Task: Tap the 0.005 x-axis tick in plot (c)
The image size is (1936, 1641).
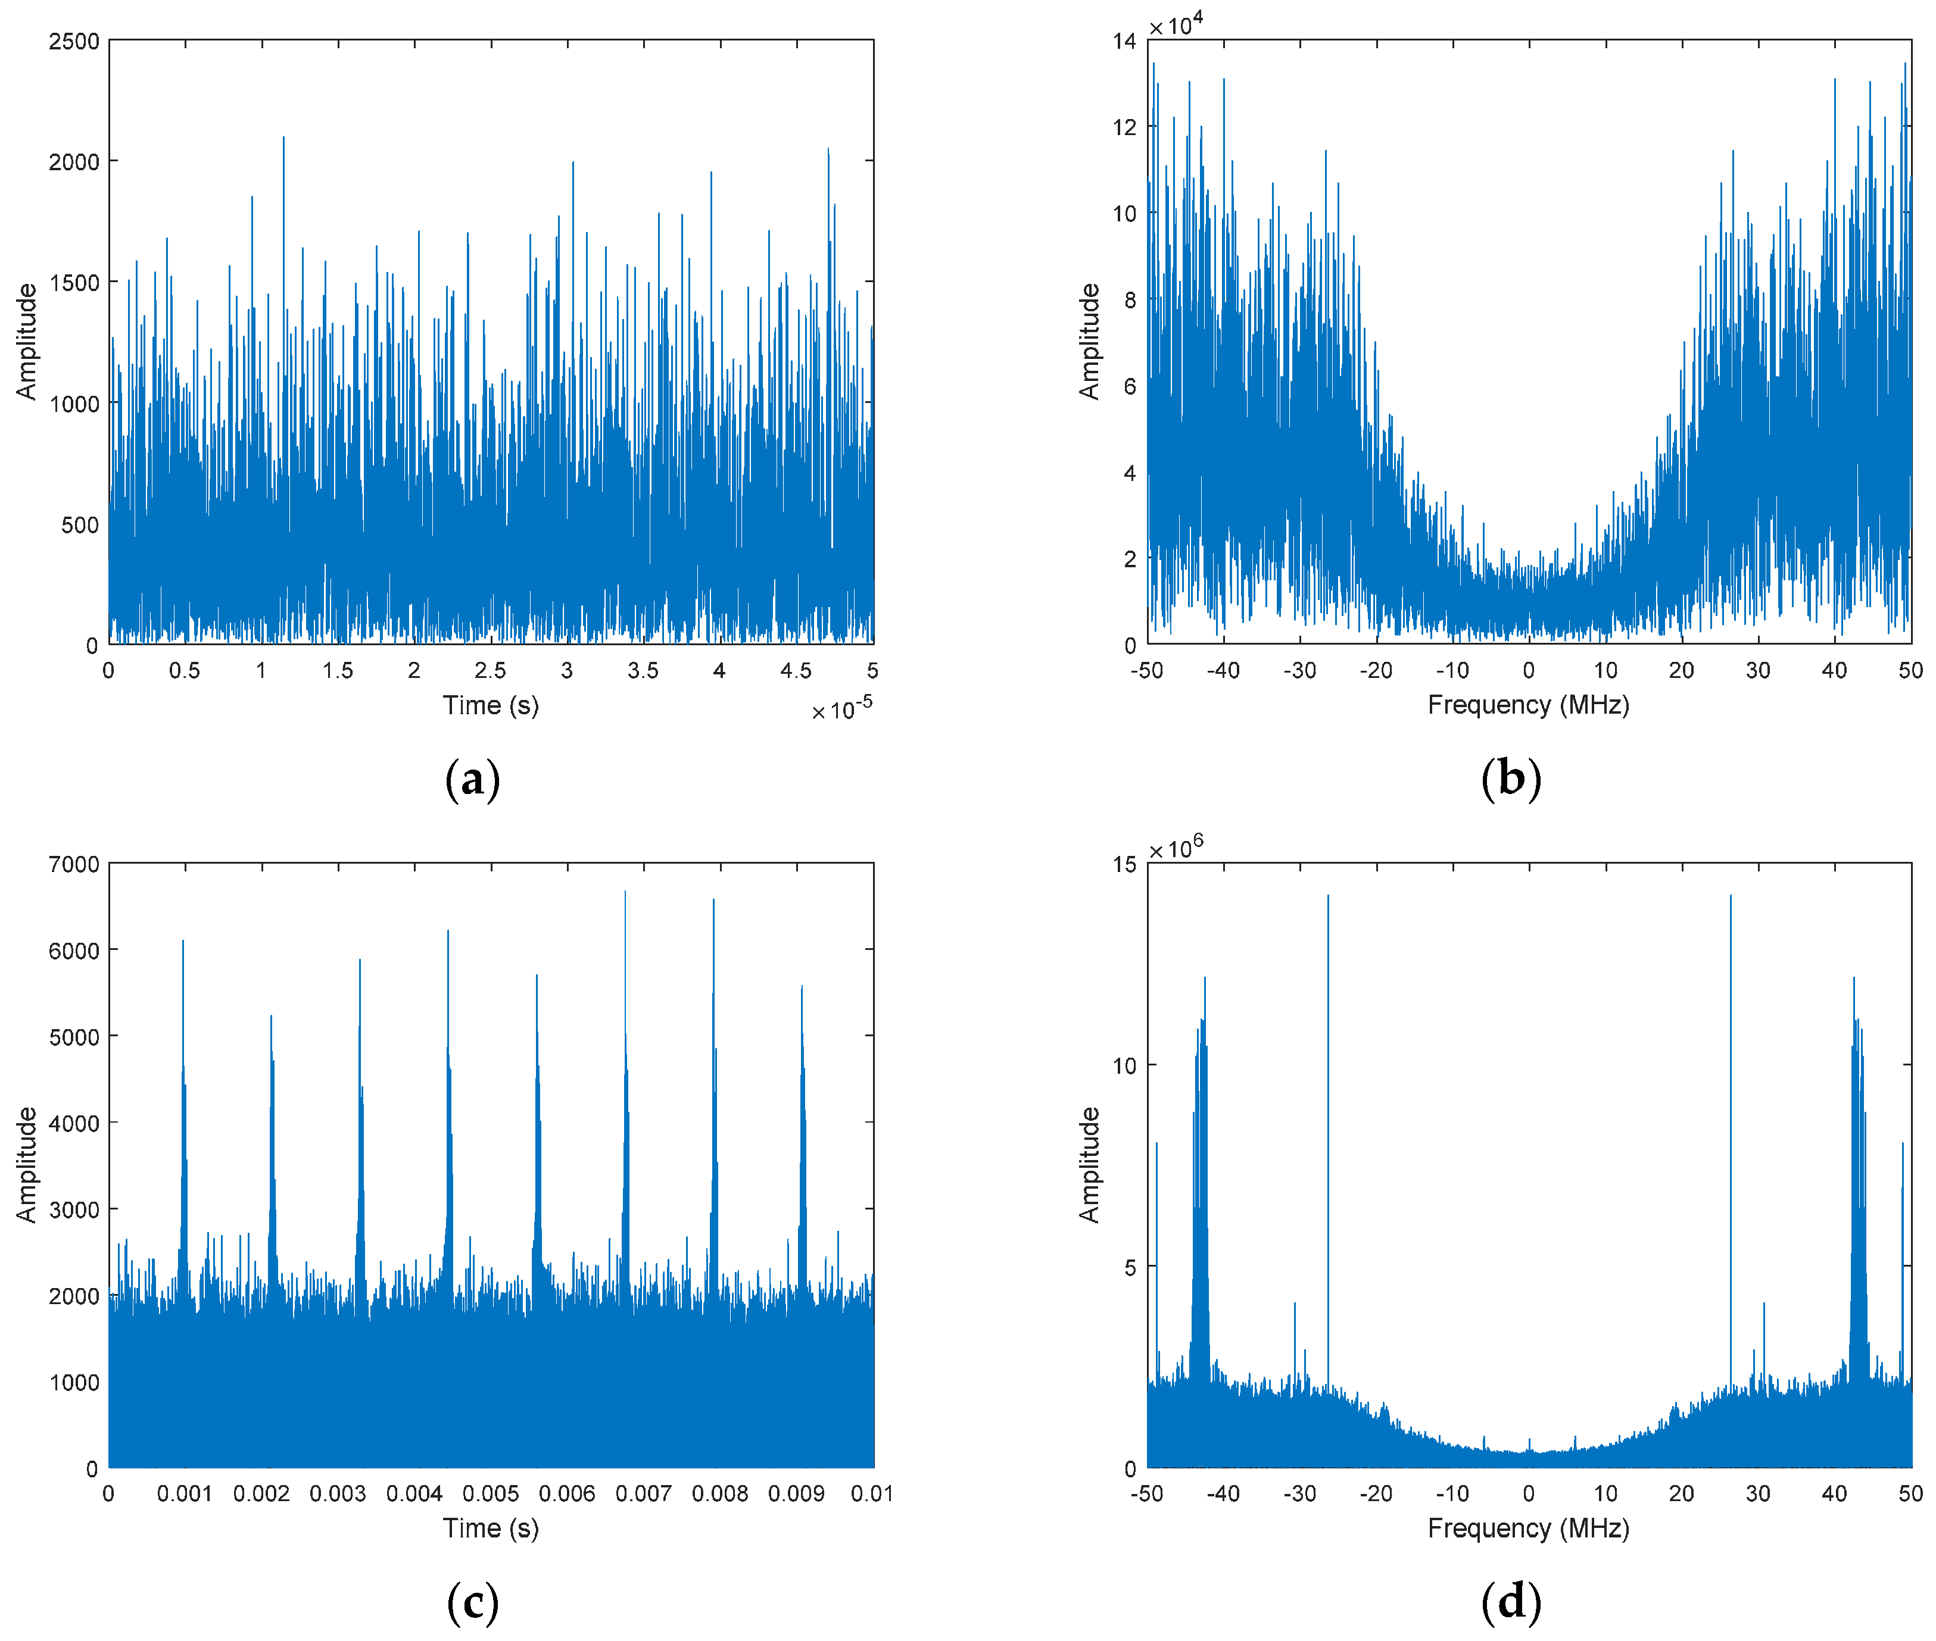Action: click(491, 1494)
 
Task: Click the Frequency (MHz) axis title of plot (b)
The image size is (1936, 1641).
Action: click(1528, 705)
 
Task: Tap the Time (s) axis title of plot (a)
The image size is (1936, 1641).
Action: click(491, 705)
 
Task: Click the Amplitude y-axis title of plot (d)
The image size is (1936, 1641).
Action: click(1089, 1165)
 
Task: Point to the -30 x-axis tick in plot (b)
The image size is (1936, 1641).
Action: click(1299, 671)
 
